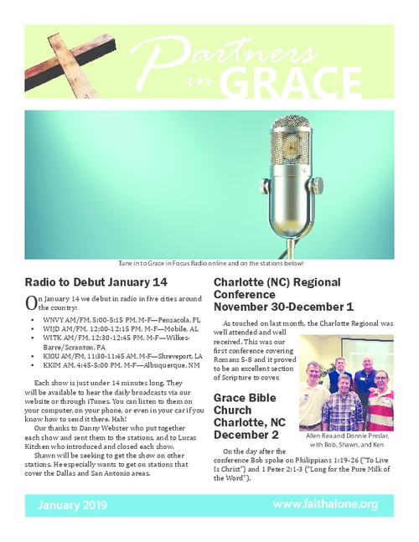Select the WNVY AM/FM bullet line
point(122,319)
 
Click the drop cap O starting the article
point(31,302)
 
